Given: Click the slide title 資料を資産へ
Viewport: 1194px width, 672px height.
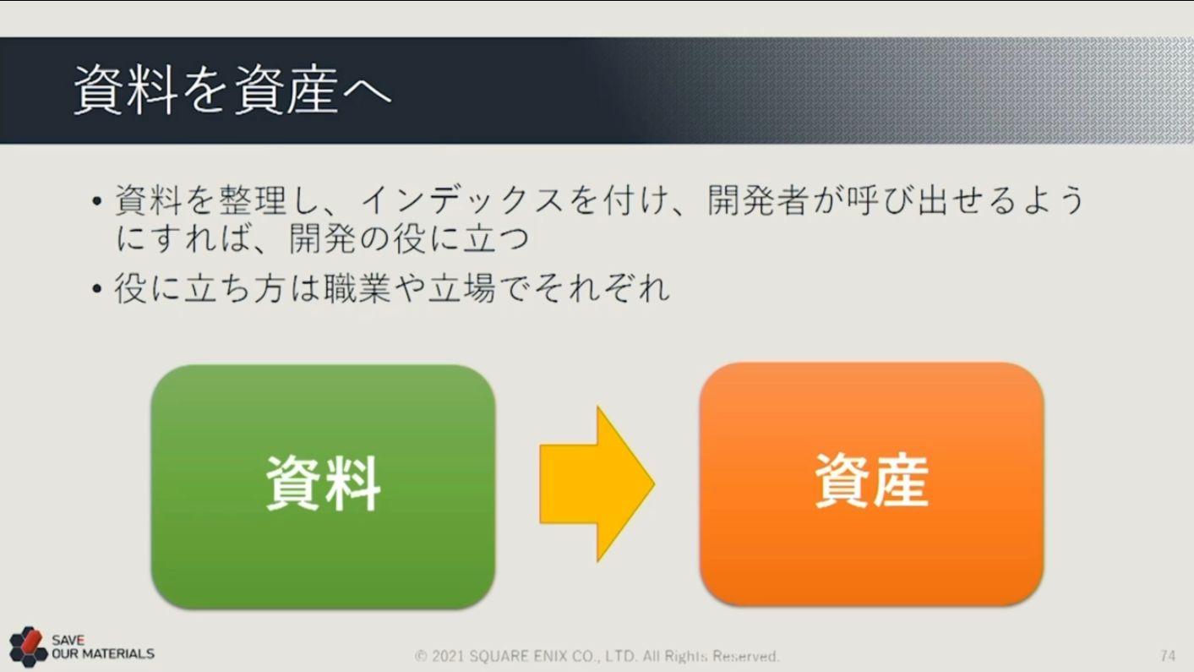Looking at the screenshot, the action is [x=232, y=90].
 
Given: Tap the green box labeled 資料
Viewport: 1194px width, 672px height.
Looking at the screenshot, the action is [x=323, y=486].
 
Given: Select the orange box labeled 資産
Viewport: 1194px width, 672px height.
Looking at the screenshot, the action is [x=871, y=484].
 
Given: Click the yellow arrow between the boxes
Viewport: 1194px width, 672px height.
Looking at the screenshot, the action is [x=597, y=484].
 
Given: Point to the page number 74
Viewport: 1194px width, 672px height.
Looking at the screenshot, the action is [x=1167, y=655].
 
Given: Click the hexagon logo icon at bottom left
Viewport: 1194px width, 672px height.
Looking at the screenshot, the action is [x=28, y=647].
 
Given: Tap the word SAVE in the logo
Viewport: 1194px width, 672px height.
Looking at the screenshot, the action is [x=68, y=640].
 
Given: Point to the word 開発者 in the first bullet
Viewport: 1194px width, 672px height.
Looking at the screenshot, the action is [x=759, y=200].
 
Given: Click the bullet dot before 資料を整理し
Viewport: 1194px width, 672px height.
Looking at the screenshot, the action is [x=96, y=201].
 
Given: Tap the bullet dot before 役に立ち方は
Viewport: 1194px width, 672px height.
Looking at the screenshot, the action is [x=96, y=289].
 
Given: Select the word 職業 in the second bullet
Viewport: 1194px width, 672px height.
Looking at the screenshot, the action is [x=357, y=288].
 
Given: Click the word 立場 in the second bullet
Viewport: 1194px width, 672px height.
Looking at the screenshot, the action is [x=461, y=288].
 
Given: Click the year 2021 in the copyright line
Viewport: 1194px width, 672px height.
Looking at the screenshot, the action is [x=448, y=656].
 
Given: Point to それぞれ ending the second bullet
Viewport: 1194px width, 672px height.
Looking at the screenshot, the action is [x=602, y=288].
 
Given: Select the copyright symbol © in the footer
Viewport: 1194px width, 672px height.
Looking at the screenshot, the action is [x=421, y=656].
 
